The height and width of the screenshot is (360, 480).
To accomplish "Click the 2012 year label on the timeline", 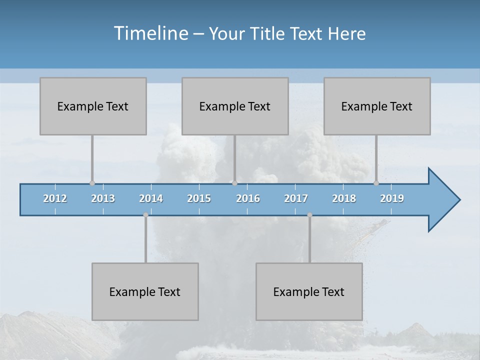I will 55,198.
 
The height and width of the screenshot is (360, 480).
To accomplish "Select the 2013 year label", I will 103,198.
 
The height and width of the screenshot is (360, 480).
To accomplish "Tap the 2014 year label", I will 151,198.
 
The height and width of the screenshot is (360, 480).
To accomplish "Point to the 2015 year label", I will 199,198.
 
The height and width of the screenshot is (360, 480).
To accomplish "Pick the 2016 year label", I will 248,198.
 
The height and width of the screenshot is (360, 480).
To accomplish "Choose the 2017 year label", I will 296,198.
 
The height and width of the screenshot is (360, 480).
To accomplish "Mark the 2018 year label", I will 344,198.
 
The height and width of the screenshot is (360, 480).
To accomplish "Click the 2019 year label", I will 392,198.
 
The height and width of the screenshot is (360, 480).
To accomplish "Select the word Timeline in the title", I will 150,33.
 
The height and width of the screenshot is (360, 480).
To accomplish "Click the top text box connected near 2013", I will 93,106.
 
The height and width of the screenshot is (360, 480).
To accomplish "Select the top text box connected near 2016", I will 235,106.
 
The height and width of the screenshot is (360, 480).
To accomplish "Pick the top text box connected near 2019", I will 377,106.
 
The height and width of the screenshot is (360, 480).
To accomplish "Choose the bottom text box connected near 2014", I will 145,291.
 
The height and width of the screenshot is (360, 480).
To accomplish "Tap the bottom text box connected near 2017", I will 309,291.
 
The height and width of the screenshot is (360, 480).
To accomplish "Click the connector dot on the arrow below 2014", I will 145,215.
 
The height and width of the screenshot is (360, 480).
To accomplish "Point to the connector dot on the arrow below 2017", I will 309,215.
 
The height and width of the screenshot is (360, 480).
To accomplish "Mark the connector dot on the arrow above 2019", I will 376,183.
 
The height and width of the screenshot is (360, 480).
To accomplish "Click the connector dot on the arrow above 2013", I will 92,183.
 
